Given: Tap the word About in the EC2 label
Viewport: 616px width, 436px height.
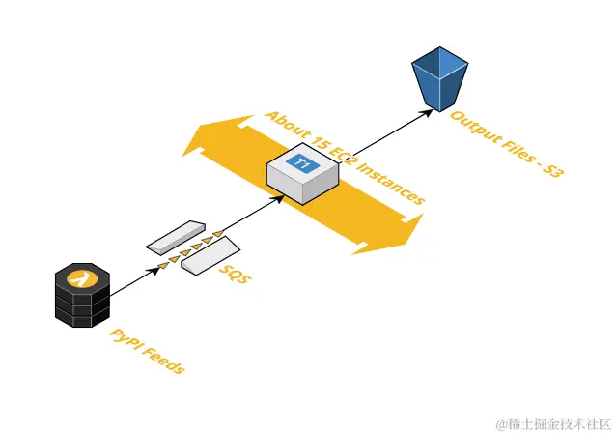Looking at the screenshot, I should point(286,126).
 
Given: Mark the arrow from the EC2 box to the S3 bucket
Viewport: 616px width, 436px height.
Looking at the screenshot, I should point(382,136).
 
